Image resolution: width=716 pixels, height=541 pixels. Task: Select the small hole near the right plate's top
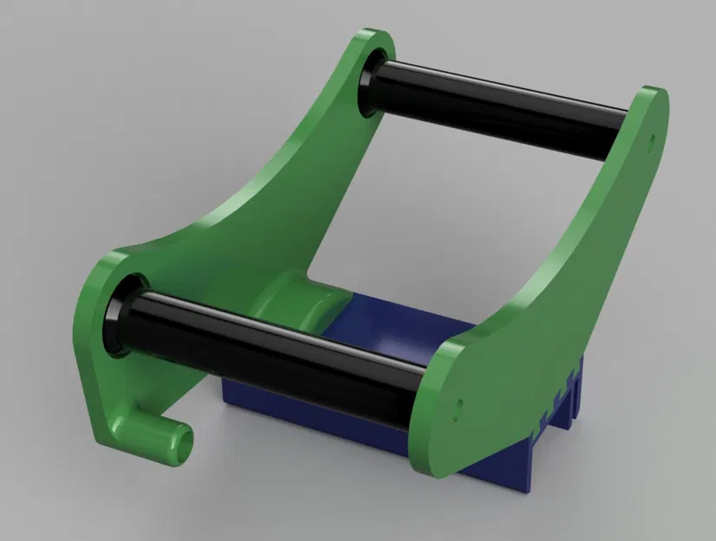pos(651,136)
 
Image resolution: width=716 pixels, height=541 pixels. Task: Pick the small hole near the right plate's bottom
pos(459,403)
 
